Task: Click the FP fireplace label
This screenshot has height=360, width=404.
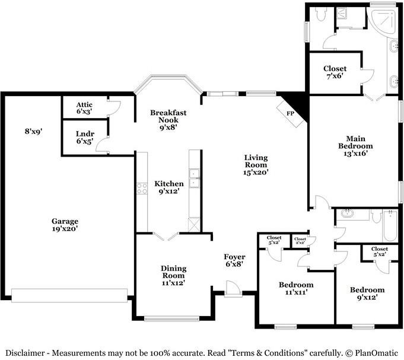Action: click(290, 113)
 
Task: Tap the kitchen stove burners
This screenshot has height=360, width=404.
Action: click(142, 189)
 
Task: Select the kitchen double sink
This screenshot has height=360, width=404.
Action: click(194, 178)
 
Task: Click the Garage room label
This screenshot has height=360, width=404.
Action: click(65, 225)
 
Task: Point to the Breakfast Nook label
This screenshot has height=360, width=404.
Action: click(168, 120)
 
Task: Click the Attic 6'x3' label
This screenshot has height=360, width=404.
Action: click(84, 108)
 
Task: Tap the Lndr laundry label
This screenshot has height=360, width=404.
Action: click(85, 137)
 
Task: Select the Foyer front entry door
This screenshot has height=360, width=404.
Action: click(233, 289)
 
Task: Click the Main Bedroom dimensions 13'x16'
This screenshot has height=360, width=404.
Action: click(355, 154)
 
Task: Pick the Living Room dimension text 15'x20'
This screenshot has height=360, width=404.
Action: click(256, 172)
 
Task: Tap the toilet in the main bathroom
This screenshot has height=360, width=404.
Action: click(321, 14)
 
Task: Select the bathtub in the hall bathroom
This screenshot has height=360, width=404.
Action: click(390, 225)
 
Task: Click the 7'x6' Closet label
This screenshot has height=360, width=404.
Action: click(335, 72)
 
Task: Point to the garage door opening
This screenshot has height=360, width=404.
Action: click(69, 295)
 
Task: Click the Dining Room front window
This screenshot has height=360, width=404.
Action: click(171, 319)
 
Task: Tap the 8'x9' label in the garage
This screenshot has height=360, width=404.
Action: click(33, 131)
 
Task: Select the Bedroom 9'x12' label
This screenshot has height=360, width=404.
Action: click(367, 294)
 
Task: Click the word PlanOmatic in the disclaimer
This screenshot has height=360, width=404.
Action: click(377, 353)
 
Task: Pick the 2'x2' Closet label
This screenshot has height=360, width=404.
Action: click(300, 241)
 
